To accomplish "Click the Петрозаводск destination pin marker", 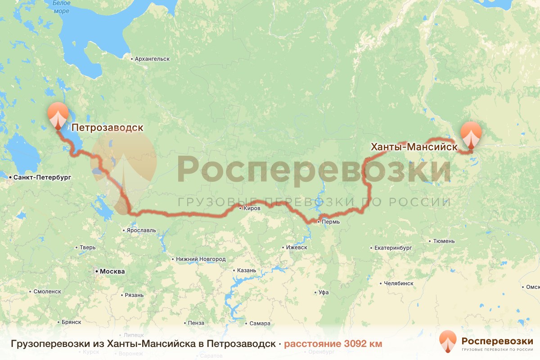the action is (x=58, y=115).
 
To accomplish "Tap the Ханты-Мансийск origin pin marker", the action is (x=471, y=134).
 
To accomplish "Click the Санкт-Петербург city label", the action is (x=42, y=178).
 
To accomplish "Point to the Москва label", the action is (x=112, y=272).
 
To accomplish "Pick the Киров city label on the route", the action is (x=252, y=208).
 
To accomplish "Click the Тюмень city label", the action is (x=444, y=241).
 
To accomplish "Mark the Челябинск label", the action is (x=399, y=283).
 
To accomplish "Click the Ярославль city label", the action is (x=142, y=230).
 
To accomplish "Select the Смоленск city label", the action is (x=47, y=292).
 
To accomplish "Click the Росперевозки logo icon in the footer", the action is (x=448, y=341).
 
